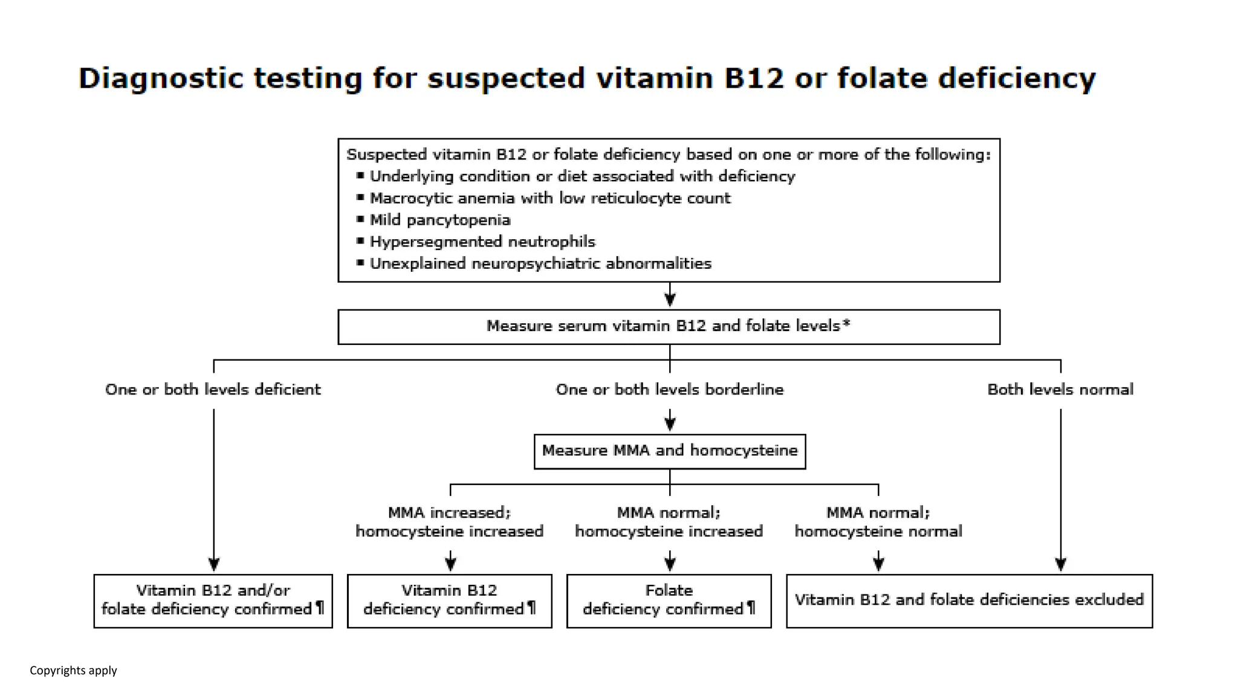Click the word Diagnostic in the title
[160, 79]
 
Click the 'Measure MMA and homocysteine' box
[669, 451]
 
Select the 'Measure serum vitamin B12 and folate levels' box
[668, 326]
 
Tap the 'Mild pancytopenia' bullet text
[439, 220]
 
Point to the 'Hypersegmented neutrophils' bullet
[482, 242]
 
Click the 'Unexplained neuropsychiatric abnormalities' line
[540, 263]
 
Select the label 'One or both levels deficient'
[213, 389]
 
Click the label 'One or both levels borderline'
[669, 389]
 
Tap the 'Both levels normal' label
[1060, 389]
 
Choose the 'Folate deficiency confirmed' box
[669, 600]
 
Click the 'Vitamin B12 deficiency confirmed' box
[449, 600]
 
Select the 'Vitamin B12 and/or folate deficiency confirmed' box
[213, 600]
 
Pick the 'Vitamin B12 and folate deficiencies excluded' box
[969, 600]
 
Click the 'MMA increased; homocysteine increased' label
[449, 522]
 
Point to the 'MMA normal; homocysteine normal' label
[878, 522]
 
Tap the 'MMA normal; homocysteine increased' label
[669, 522]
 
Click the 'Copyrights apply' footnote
[73, 670]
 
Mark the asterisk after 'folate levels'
[846, 323]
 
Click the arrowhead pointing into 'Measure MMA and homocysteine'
[670, 424]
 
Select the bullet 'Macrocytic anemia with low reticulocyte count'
[549, 198]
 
